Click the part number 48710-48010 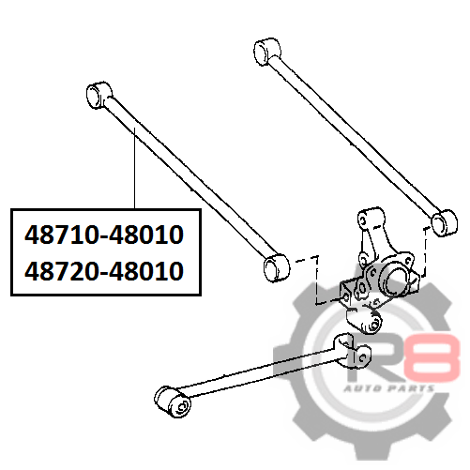(x=104, y=235)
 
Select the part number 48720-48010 (x=104, y=271)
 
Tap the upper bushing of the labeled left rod (x=99, y=95)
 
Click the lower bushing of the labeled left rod (x=277, y=268)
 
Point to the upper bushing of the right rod (x=266, y=52)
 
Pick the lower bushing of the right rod (x=444, y=223)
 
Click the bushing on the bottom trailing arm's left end (x=173, y=402)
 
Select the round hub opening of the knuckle (x=395, y=279)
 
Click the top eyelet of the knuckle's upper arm (x=364, y=219)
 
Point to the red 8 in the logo (x=434, y=357)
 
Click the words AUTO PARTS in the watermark (x=389, y=388)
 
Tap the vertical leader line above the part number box (x=134, y=168)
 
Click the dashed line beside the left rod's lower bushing (x=317, y=280)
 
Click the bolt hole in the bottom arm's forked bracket (x=363, y=356)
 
